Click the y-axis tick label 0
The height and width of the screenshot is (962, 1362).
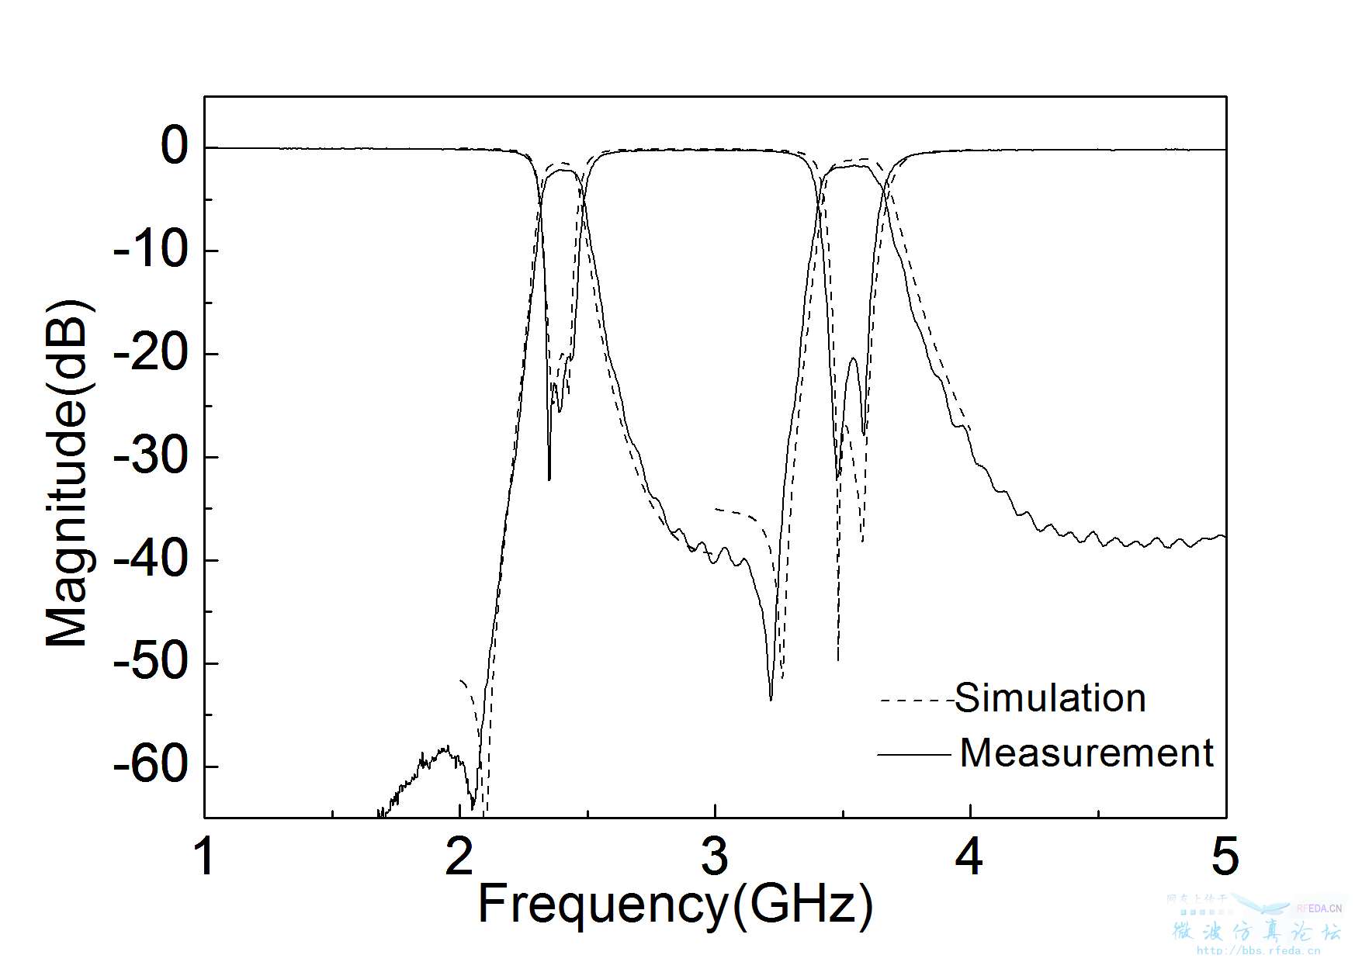pos(174,147)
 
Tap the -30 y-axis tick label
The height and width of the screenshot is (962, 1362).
pos(152,456)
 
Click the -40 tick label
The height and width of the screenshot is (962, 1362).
pos(152,559)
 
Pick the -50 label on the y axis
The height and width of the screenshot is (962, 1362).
pos(152,663)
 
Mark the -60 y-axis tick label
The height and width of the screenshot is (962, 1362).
pos(152,766)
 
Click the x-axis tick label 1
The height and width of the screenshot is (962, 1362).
pos(205,857)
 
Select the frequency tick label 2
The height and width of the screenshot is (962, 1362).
pos(460,857)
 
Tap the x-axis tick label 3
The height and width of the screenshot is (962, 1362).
pos(715,857)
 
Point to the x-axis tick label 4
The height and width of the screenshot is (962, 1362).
pos(970,857)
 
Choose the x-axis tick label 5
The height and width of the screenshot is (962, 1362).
pos(1225,857)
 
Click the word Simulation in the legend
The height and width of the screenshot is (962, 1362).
pos(1050,698)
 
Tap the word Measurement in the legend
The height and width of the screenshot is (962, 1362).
pos(1086,753)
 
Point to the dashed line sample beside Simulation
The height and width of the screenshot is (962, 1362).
pos(916,701)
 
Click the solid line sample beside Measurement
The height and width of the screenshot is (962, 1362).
pos(914,754)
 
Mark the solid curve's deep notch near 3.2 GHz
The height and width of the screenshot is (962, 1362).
pos(771,698)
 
